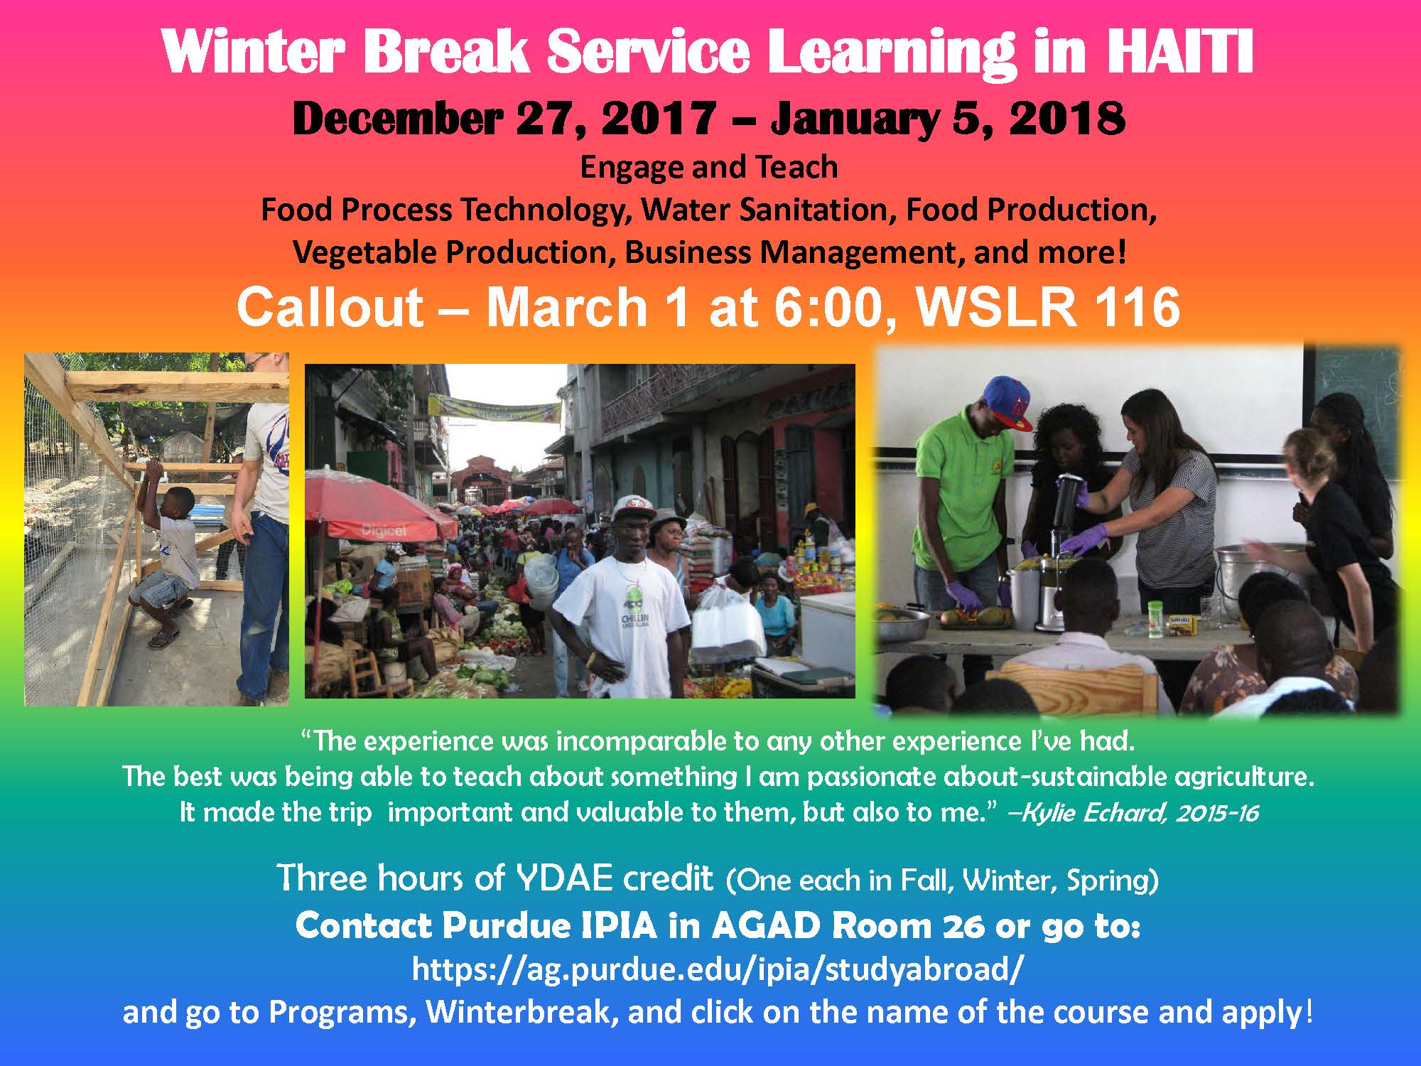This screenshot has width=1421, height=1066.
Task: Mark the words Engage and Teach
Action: (709, 168)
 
